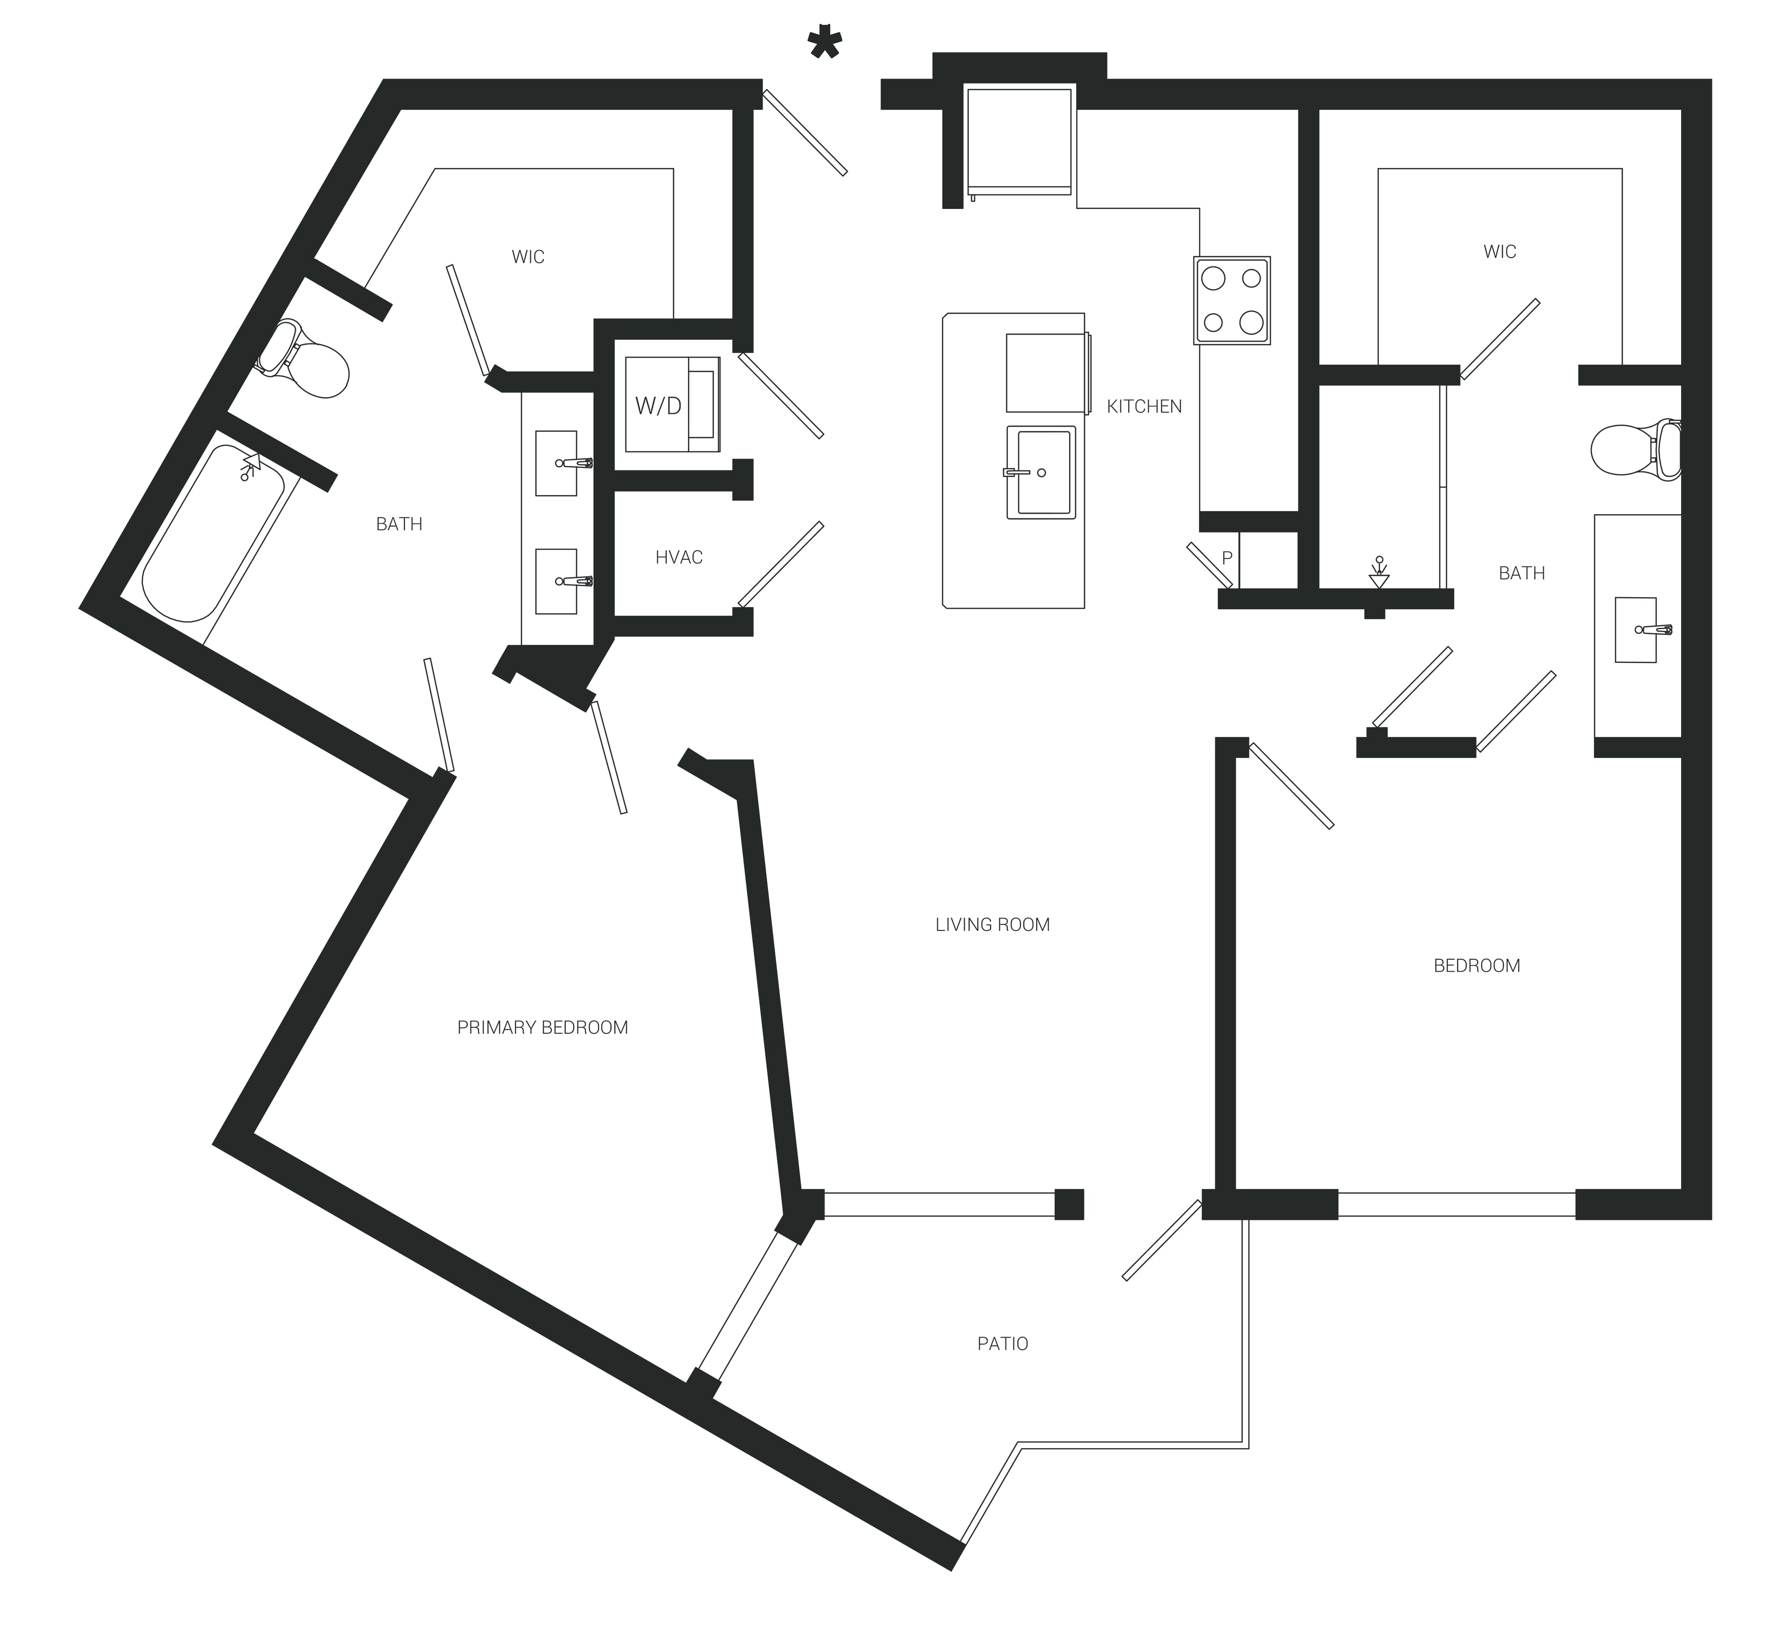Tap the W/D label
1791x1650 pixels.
click(658, 406)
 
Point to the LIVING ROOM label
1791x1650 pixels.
click(993, 925)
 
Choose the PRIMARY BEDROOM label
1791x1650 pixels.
click(542, 1028)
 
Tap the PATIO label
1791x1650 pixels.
click(1002, 1344)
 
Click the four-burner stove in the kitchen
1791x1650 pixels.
click(1232, 301)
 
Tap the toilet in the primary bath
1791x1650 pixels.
click(303, 360)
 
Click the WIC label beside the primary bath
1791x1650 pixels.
click(528, 257)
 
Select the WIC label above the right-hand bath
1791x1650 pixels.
click(1500, 252)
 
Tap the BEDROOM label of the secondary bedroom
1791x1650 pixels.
click(1477, 965)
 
